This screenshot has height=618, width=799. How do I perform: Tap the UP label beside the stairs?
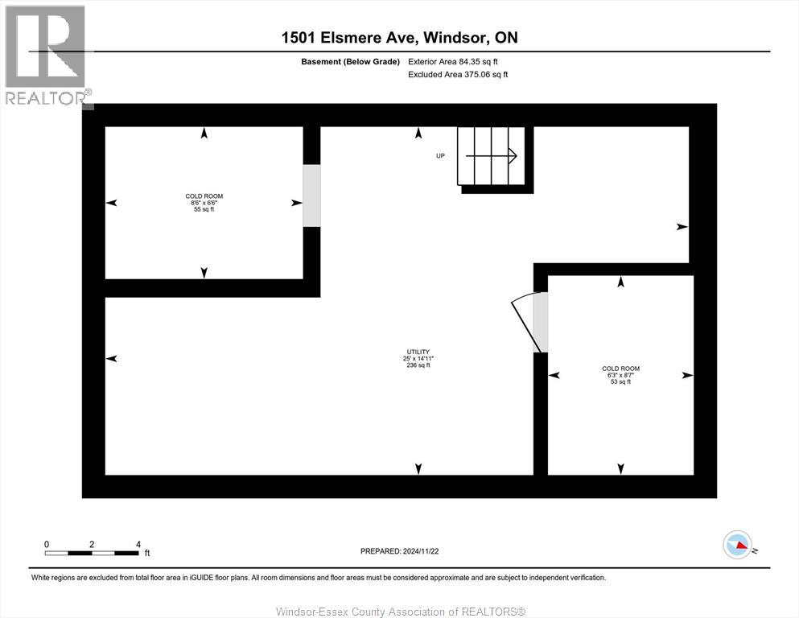[x=440, y=155]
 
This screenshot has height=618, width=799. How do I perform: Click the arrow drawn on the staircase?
[x=491, y=156]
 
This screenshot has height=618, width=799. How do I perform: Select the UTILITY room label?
[x=418, y=352]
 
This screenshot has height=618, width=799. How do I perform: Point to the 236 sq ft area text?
[x=418, y=365]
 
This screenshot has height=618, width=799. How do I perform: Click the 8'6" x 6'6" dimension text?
[x=204, y=203]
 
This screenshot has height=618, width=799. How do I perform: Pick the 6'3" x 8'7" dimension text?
[x=620, y=375]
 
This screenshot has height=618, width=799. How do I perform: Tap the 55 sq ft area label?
[x=204, y=209]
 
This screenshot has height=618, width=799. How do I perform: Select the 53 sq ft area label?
[x=620, y=381]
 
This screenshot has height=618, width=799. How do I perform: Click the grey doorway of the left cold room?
[x=311, y=196]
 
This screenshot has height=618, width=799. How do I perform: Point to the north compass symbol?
[x=738, y=546]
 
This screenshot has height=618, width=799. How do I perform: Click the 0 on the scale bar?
[x=47, y=544]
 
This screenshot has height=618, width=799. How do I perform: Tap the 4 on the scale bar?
[x=138, y=544]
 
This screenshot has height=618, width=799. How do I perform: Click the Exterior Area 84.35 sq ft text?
[x=459, y=61]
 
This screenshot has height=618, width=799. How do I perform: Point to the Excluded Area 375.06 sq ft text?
[x=458, y=74]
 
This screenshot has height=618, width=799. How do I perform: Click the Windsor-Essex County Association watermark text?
[x=400, y=612]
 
